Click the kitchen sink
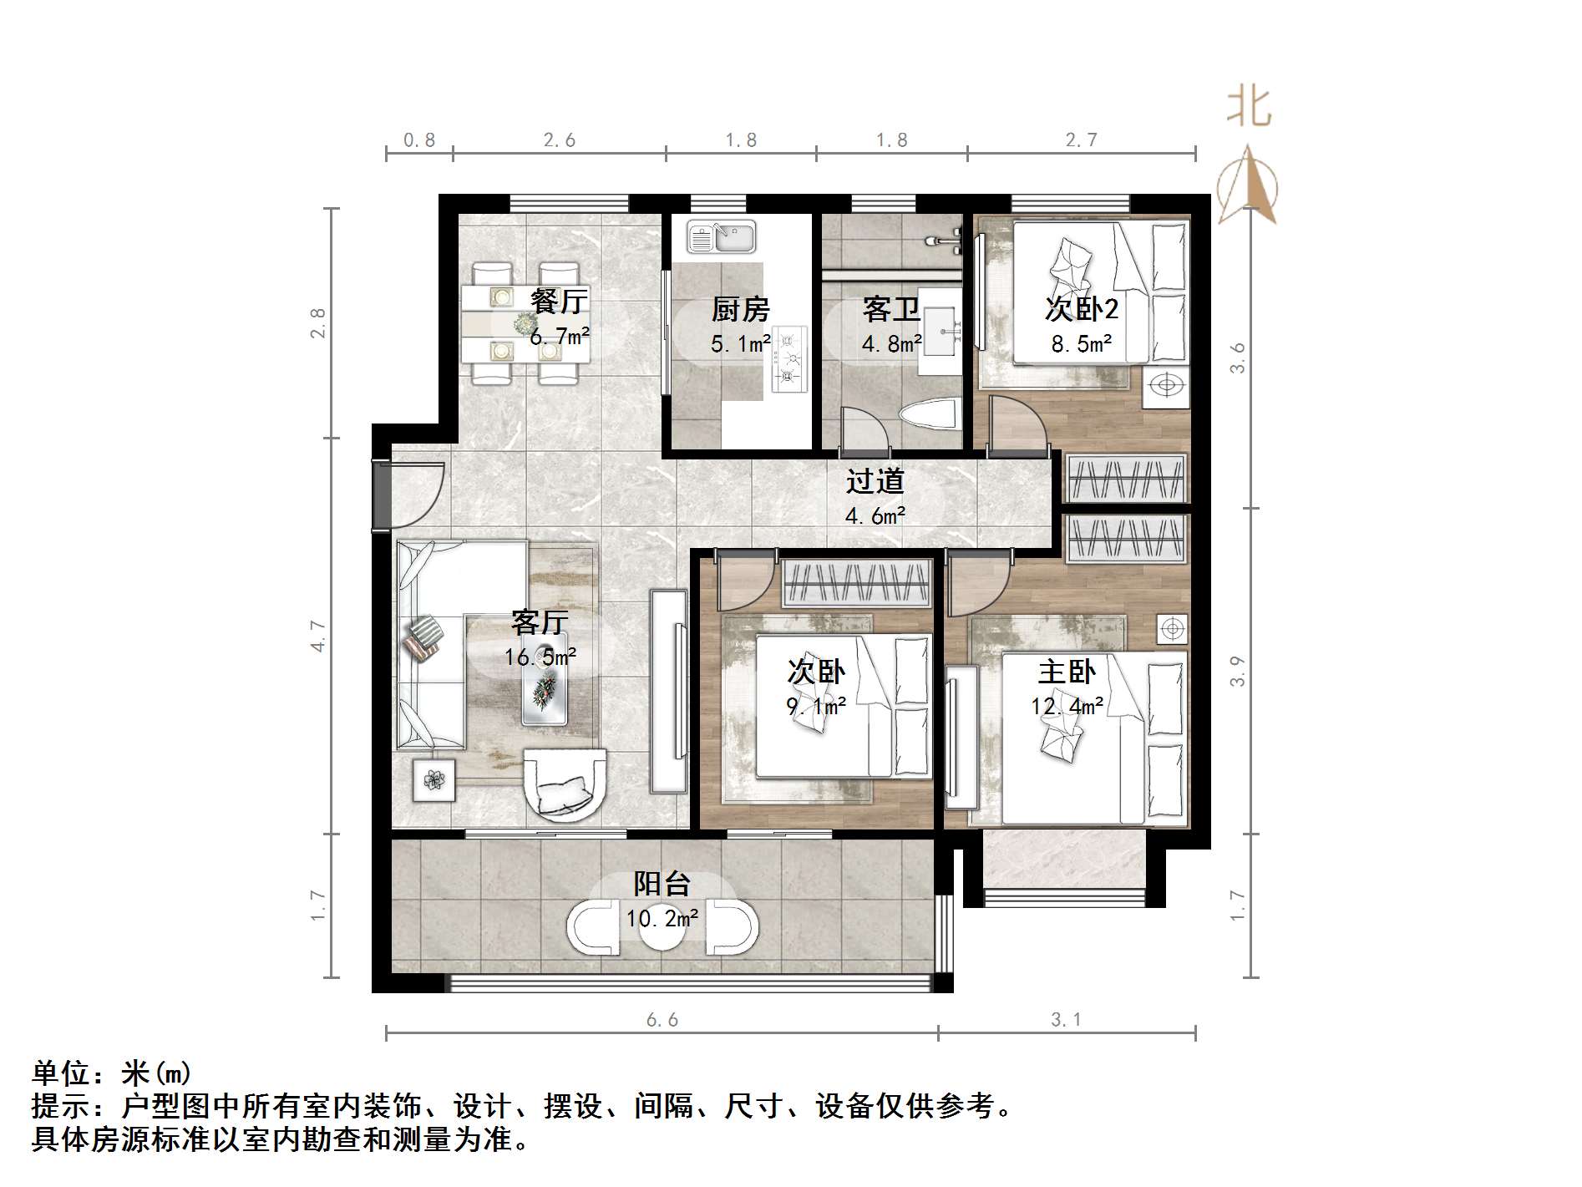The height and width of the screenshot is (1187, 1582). coord(721,237)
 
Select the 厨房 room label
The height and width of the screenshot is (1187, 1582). coord(740,310)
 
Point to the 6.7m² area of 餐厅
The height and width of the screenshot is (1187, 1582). coord(560,337)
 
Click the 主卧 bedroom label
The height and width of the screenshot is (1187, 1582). coord(1067,672)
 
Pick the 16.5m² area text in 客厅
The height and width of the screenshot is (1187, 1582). coord(540,657)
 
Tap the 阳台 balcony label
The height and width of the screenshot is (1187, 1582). coord(662,884)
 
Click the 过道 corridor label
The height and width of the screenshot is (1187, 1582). coord(875,481)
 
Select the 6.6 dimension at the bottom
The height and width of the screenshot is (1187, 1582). coord(662,1020)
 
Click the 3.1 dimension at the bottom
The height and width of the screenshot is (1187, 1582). coord(1066,1020)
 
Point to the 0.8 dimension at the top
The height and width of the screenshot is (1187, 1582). coord(419,140)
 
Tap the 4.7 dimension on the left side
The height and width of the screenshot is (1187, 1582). coord(318,635)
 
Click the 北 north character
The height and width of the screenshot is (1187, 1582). coord(1249,109)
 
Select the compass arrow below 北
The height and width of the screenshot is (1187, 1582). coord(1248,185)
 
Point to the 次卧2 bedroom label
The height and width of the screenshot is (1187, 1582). coord(1081,310)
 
